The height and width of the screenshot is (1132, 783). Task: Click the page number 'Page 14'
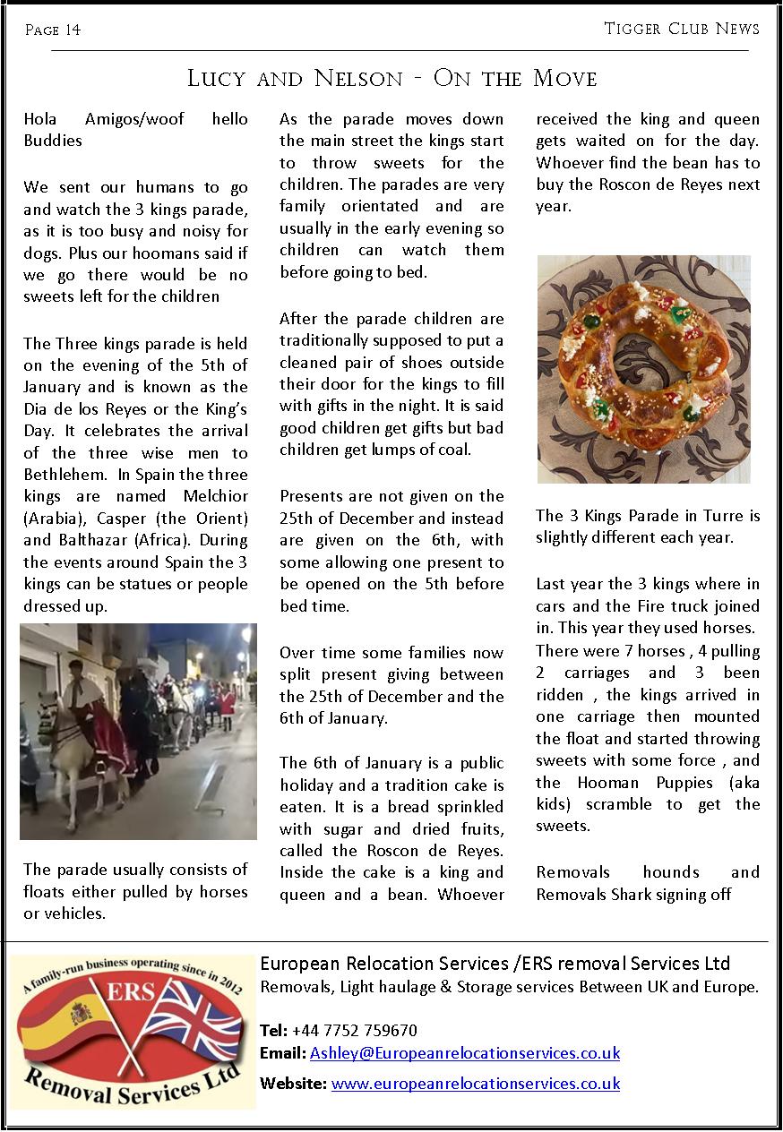pos(53,30)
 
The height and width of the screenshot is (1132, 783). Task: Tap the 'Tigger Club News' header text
pos(681,29)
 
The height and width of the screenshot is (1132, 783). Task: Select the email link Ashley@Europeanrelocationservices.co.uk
pos(464,1053)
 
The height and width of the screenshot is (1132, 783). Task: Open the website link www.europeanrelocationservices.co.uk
pos(475,1084)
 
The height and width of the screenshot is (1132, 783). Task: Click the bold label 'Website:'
pos(293,1084)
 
